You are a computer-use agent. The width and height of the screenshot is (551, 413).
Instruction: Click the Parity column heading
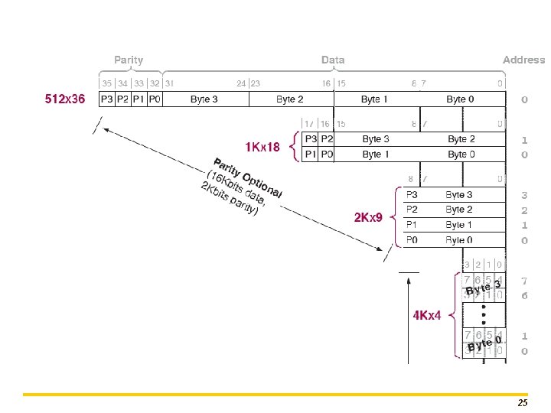[129, 60]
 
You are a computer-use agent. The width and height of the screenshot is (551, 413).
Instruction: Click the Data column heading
[333, 60]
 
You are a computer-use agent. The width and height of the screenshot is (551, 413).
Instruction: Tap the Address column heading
[523, 60]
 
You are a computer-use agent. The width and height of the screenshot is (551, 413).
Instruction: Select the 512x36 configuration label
[65, 99]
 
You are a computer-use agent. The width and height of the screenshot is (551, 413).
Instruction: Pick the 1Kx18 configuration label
[262, 146]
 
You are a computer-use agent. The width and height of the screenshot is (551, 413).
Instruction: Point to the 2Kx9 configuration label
[368, 218]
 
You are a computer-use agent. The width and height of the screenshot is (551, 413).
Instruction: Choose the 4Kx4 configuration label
[427, 315]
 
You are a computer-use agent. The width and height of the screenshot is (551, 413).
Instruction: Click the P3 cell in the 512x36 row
[106, 99]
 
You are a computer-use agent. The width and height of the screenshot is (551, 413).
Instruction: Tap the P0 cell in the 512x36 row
[154, 99]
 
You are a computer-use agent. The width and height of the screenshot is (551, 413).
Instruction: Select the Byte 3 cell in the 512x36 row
[204, 99]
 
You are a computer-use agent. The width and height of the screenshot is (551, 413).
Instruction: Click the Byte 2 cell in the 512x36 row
[290, 99]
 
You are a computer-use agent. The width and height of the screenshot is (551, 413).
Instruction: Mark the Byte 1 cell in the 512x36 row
[374, 99]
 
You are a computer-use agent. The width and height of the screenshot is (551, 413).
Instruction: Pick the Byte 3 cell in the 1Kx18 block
[376, 139]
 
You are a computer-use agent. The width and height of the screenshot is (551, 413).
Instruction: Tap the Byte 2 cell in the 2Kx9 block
[459, 210]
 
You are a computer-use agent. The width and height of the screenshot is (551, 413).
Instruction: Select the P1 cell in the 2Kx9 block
[412, 225]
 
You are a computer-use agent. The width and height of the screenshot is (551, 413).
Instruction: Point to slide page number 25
[523, 402]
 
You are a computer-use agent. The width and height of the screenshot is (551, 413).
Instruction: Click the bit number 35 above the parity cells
[106, 83]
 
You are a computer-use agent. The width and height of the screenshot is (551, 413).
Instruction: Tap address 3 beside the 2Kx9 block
[524, 195]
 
